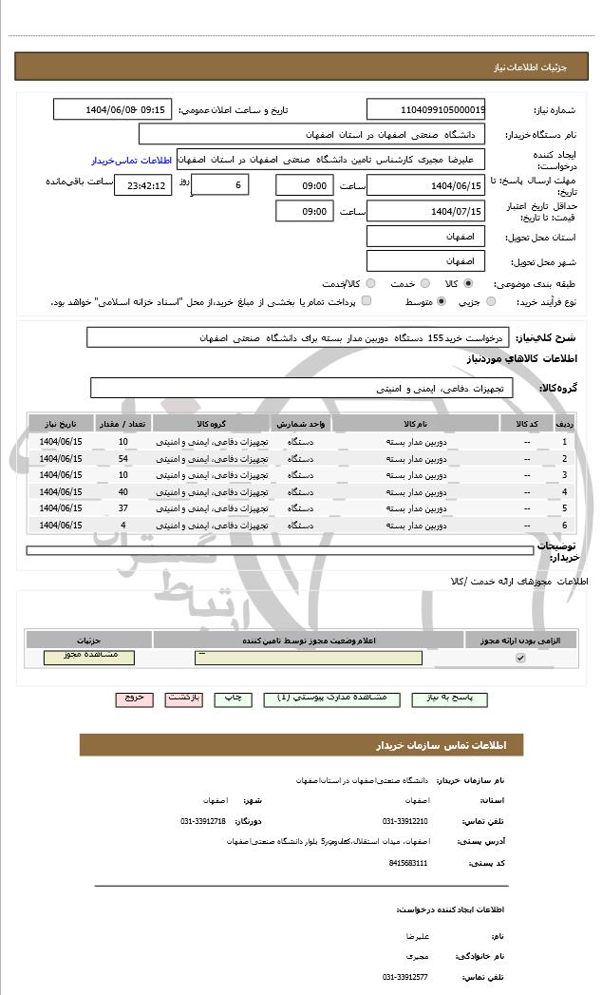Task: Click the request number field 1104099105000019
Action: tap(425, 109)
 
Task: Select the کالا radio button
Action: tap(468, 283)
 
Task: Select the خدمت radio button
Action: tap(424, 283)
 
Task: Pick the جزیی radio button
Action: tap(490, 301)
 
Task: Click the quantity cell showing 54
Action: tap(123, 458)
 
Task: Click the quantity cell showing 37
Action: tap(123, 507)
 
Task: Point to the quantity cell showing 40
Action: tap(123, 491)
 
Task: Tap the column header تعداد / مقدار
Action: tap(123, 424)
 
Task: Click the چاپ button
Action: tap(233, 698)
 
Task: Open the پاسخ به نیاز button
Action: tap(443, 698)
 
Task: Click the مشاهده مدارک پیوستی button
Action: tap(331, 698)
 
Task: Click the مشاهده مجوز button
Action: tap(89, 657)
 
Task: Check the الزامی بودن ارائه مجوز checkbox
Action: tap(519, 658)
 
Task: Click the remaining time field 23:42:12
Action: tap(142, 185)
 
